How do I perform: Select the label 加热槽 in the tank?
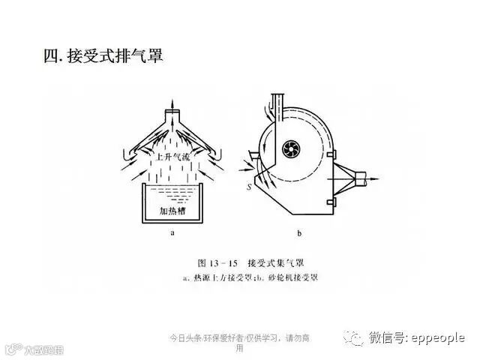point(173,211)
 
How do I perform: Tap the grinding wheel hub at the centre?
point(288,152)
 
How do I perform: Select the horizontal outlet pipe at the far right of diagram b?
point(365,178)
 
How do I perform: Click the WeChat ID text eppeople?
point(438,337)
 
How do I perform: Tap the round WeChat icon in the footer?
point(354,337)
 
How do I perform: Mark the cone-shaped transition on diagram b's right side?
point(343,178)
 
